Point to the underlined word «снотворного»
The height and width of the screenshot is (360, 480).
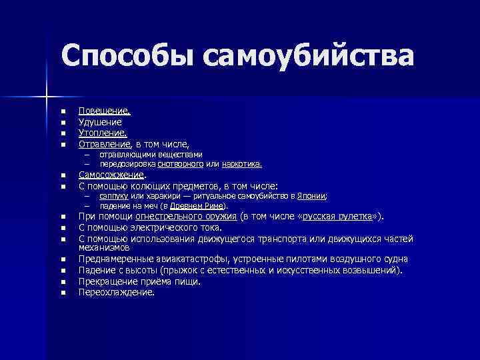[x=181, y=163]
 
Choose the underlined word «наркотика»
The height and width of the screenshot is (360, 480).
[x=241, y=163]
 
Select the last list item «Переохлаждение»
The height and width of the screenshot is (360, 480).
[x=116, y=292]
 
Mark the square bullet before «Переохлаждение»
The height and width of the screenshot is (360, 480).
[x=61, y=293]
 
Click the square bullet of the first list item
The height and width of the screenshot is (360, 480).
[x=61, y=112]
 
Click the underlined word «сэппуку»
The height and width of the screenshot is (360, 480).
[x=113, y=197]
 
